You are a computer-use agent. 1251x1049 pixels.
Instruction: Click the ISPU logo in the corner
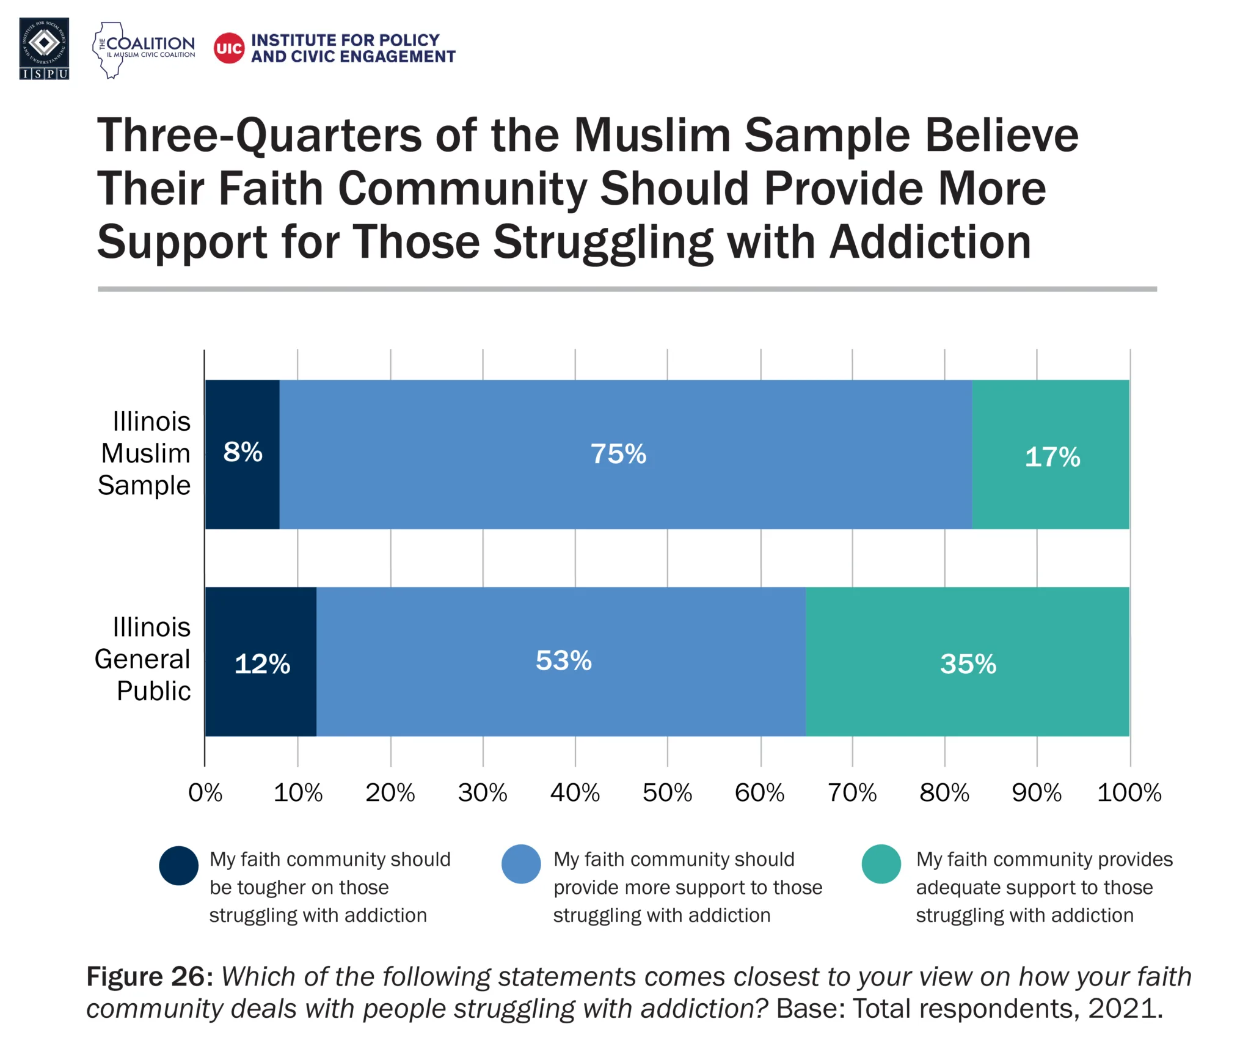44,48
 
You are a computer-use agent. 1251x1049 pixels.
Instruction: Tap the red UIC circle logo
229,48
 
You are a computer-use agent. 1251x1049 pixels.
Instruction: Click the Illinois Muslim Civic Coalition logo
144,49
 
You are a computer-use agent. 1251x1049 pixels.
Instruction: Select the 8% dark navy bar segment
243,454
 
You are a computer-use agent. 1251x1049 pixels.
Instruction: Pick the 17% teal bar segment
1050,454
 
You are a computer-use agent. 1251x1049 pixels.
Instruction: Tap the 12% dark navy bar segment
261,662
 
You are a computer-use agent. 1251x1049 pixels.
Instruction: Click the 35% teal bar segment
967,662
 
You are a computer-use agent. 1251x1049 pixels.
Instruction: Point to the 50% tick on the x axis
667,793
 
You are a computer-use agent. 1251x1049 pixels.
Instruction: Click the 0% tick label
205,793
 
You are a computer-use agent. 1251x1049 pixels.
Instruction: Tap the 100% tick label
1129,793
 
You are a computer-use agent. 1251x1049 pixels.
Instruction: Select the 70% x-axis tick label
852,793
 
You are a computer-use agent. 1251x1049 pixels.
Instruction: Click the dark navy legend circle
179,865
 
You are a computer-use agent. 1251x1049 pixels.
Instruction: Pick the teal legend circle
881,864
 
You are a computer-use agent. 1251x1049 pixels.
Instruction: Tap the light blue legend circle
521,864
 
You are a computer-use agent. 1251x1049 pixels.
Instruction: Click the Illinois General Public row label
144,659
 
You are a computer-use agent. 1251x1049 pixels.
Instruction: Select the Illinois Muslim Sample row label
145,453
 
